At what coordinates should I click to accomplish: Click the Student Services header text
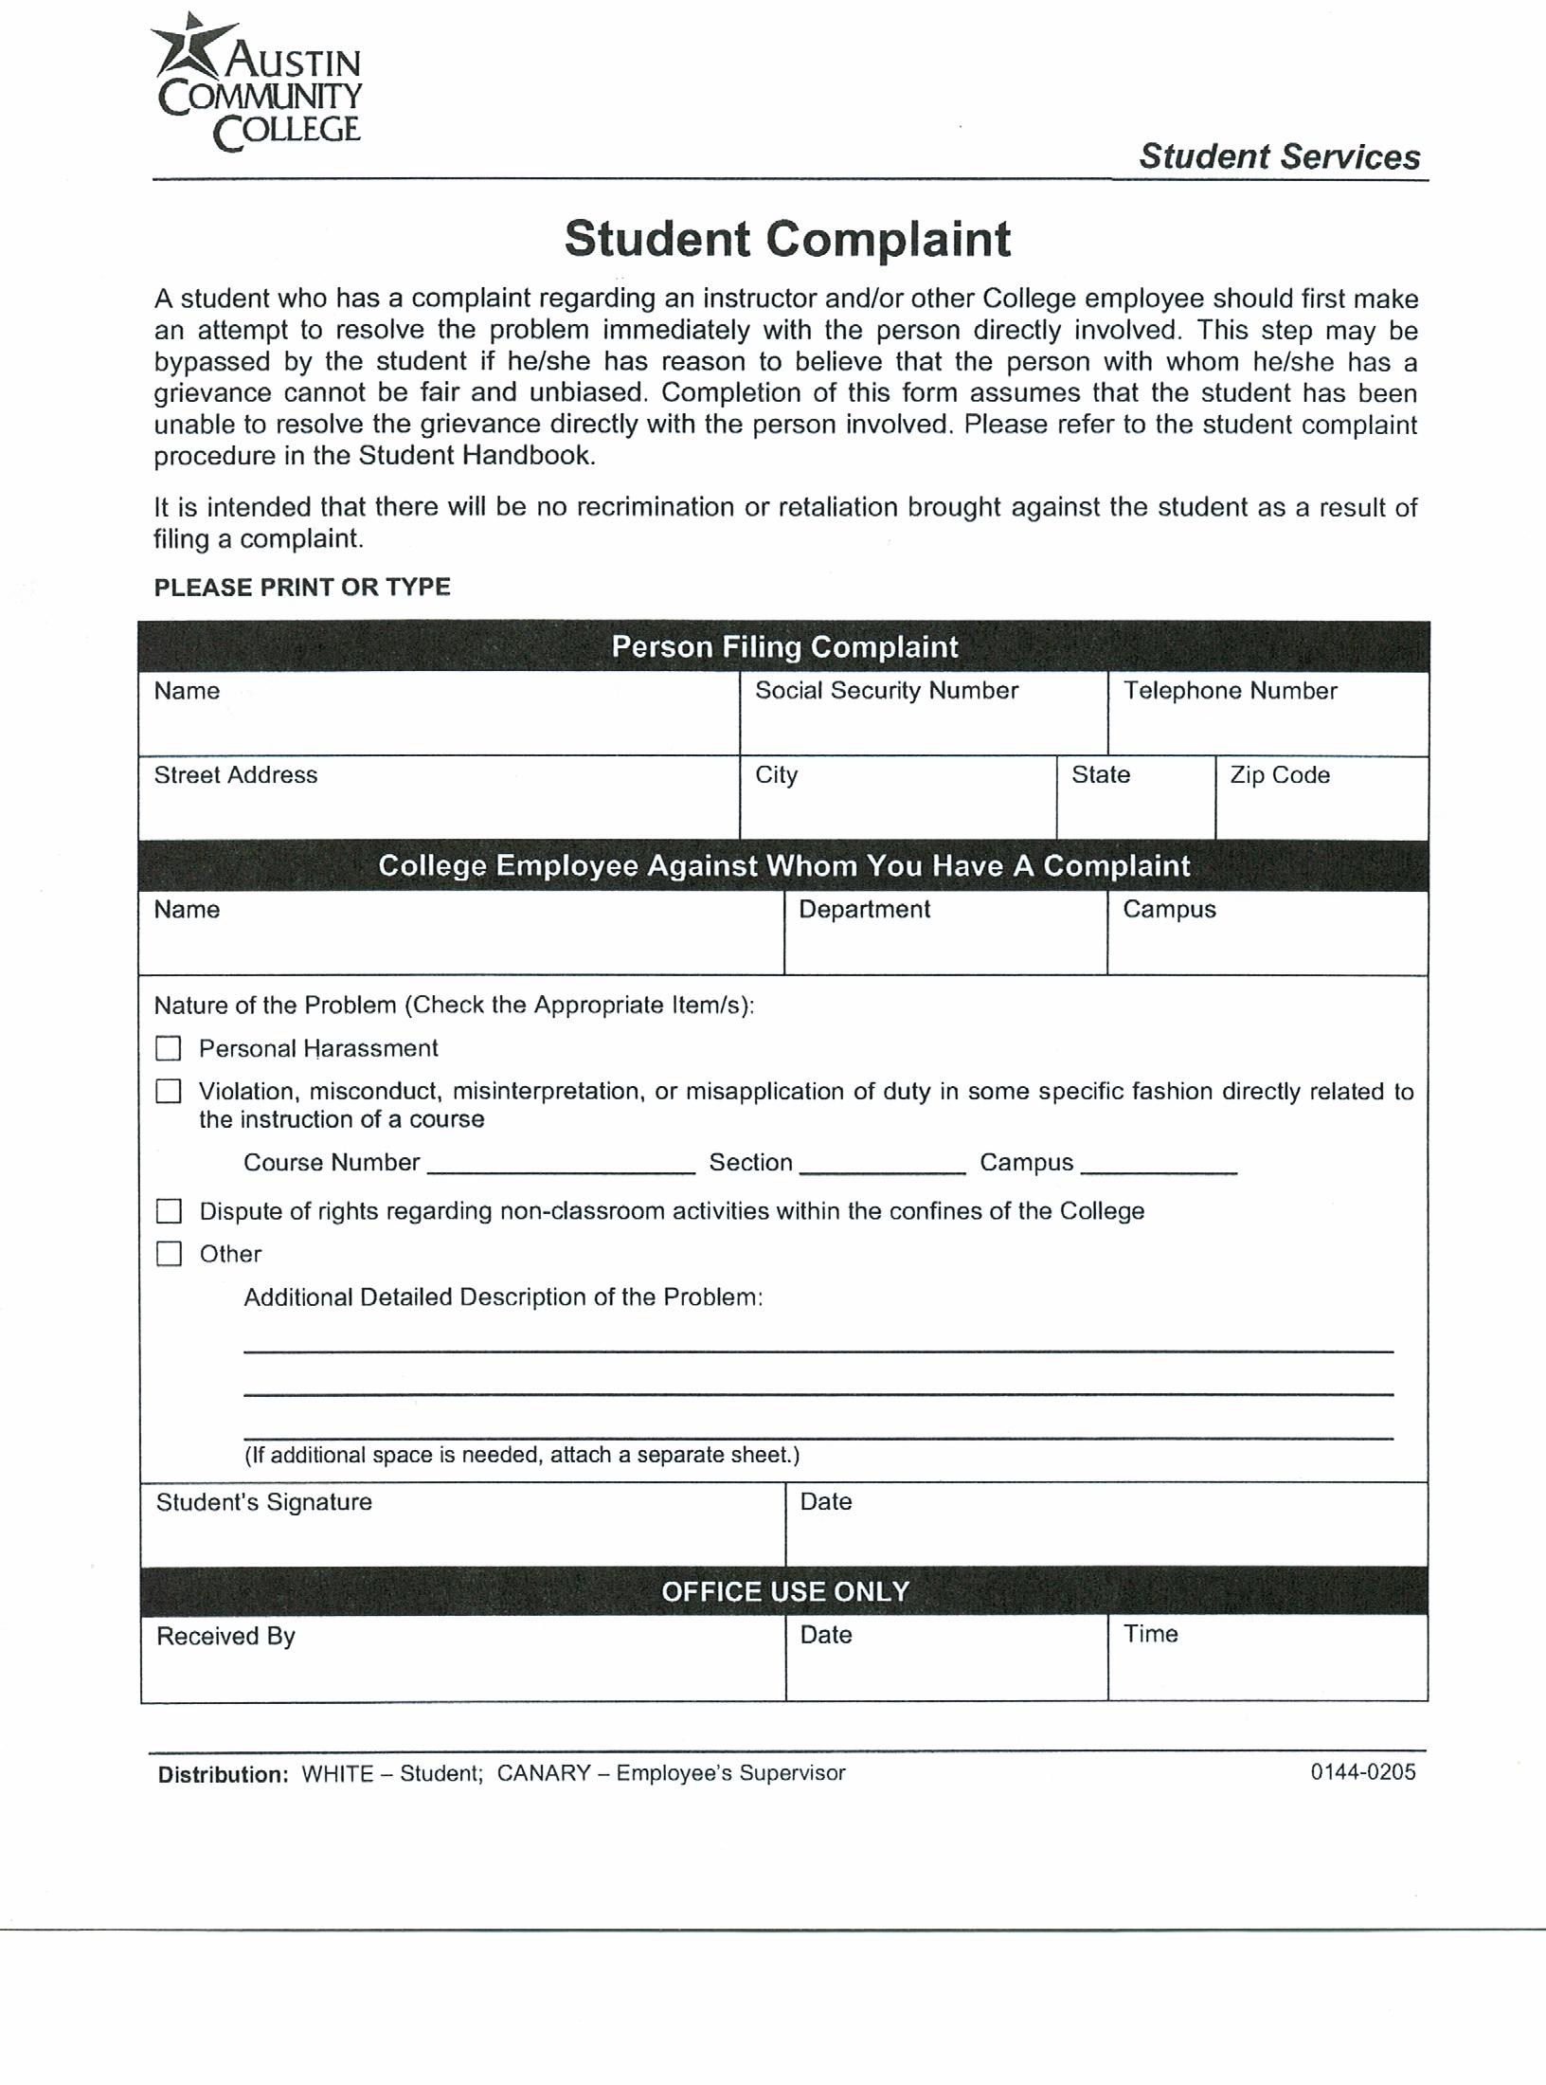coord(1279,156)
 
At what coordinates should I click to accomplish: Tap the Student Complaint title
coord(787,239)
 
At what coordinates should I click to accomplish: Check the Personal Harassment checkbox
coord(169,1048)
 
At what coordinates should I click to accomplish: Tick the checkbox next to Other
coord(169,1254)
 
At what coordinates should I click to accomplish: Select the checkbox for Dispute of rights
coord(169,1211)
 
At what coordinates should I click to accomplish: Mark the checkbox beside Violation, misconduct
coord(169,1092)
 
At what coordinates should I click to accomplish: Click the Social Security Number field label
coord(886,691)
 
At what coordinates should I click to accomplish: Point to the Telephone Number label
coord(1230,691)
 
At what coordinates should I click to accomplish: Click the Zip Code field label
coord(1279,775)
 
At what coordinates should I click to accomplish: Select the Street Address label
coord(236,775)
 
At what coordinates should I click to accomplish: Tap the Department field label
coord(864,910)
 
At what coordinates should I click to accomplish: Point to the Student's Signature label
coord(264,1502)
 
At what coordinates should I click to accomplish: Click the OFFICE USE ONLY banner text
coord(785,1591)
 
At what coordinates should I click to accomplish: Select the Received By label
coord(226,1637)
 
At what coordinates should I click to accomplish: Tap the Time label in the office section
coord(1150,1634)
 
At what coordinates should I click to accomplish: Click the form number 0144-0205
coord(1362,1772)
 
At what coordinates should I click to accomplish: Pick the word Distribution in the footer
coord(223,1775)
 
